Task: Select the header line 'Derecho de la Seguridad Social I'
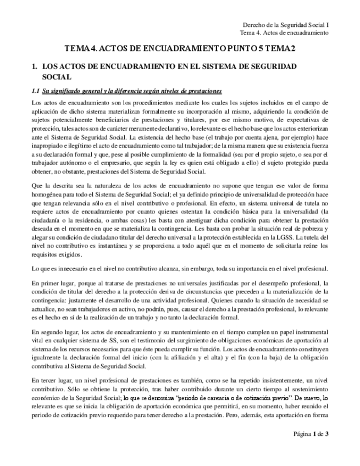pyautogui.click(x=286, y=25)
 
